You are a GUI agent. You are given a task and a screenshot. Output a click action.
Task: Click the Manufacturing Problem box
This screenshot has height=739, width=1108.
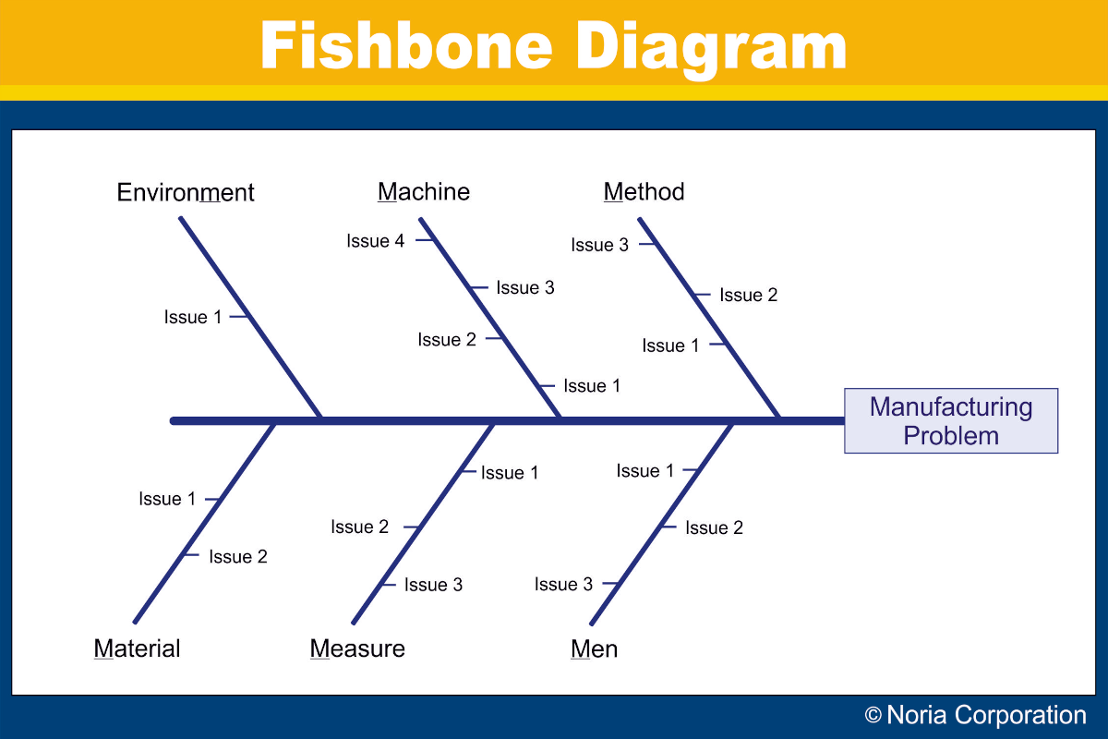951,420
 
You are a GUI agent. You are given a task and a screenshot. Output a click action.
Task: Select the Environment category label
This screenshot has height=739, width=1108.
186,192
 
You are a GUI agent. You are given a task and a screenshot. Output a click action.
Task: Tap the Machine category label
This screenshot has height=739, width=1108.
424,191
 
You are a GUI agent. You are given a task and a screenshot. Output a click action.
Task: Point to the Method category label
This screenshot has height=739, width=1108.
644,191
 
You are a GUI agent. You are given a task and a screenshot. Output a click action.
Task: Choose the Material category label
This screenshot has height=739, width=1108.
137,648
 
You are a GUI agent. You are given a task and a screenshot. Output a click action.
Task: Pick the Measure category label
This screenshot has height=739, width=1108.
357,648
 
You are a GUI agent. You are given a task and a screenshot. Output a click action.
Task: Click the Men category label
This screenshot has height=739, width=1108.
594,648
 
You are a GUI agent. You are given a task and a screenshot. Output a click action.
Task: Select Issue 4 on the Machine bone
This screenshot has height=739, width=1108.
376,241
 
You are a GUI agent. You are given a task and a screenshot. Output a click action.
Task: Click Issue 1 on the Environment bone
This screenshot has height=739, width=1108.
193,317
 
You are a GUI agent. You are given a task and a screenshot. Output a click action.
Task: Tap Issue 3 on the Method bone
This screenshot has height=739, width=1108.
599,245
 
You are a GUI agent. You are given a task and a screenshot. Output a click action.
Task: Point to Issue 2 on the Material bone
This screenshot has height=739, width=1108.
238,556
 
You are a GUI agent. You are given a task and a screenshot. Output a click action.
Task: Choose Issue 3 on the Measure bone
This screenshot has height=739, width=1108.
433,585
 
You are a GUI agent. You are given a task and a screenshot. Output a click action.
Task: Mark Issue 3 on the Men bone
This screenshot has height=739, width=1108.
563,584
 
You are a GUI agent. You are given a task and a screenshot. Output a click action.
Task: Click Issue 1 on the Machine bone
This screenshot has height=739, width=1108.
592,385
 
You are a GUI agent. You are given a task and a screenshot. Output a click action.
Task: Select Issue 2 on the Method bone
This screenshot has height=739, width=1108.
749,295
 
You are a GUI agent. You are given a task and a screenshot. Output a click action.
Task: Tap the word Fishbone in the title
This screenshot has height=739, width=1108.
406,45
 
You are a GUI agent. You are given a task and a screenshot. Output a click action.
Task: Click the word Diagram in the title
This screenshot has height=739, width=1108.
711,48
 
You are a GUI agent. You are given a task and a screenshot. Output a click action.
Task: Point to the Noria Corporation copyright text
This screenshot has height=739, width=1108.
975,715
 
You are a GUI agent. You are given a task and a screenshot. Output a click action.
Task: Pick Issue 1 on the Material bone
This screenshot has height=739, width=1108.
167,499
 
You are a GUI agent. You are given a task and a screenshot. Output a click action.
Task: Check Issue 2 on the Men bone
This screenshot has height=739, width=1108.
715,527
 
